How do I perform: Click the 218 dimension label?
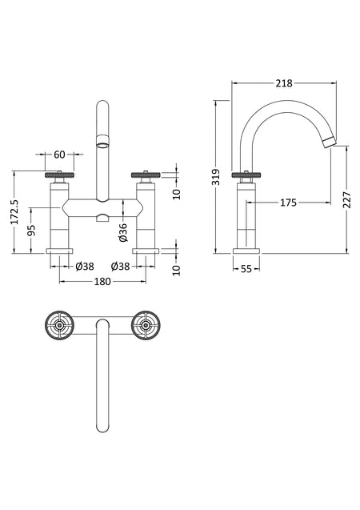[284, 83]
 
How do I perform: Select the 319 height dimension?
[216, 177]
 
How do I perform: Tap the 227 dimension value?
[346, 200]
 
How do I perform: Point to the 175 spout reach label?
[288, 203]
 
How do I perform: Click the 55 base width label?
[246, 269]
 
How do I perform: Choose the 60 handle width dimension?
[59, 155]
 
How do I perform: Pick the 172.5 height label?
[15, 211]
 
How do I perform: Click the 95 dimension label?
[31, 231]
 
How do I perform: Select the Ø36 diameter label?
[123, 232]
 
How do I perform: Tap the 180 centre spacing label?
[102, 281]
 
